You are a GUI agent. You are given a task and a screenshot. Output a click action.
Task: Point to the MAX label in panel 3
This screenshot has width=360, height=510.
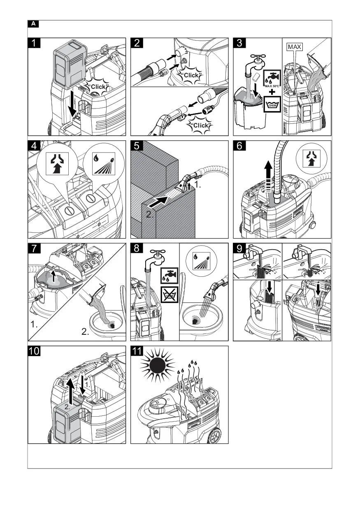coord(295,47)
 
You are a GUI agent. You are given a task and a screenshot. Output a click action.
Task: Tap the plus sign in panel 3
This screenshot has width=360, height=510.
coord(272,92)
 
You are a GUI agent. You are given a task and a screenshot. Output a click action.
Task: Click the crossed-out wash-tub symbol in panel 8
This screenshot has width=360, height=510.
coord(170,294)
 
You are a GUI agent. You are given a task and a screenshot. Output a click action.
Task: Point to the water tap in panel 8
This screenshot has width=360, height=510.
coord(158,257)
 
